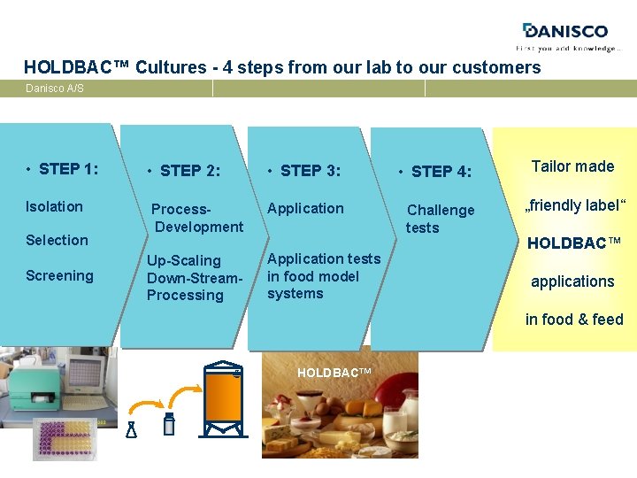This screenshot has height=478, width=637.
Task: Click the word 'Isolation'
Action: pos(54,206)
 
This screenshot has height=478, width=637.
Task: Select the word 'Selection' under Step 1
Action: pos(57,240)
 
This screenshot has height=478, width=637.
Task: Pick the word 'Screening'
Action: pos(59,275)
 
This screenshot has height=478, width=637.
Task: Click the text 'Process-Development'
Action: pos(196,218)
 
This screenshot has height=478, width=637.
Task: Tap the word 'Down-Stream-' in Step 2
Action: pos(194,278)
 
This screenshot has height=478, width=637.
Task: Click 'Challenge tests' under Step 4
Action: pos(439,219)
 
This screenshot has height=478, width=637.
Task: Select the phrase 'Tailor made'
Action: pos(572,166)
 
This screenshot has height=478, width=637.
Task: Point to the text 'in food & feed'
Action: pos(573,320)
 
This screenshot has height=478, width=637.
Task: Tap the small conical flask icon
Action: pos(132,429)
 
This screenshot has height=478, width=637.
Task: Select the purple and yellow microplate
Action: pos(65,439)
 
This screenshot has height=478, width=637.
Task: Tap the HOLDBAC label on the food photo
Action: pos(334,374)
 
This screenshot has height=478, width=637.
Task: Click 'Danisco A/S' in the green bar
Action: pos(55,89)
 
